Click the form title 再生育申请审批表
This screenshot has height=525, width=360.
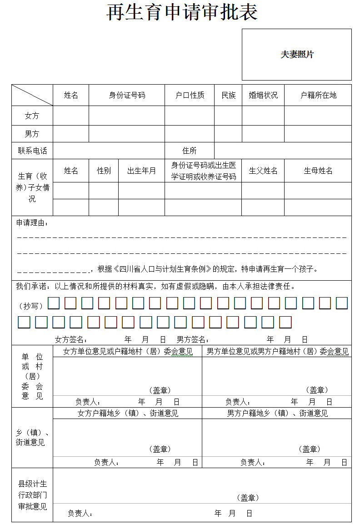(182, 12)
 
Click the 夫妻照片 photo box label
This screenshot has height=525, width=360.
(297, 55)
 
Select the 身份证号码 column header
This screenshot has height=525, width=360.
(127, 95)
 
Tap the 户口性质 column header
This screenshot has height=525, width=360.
(190, 95)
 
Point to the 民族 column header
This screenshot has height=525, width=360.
(228, 95)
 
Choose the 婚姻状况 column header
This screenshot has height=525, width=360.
(263, 95)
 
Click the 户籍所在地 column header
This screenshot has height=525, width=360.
(318, 95)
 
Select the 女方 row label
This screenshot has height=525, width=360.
(32, 116)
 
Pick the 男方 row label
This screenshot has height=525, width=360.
(32, 134)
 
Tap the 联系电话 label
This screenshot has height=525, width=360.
(32, 151)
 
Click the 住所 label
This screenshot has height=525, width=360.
(190, 151)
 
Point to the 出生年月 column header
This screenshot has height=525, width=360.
(141, 171)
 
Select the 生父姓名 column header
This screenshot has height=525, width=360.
(263, 171)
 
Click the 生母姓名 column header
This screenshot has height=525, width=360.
(318, 171)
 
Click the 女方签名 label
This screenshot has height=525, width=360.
(71, 339)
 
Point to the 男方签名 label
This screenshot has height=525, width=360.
(193, 339)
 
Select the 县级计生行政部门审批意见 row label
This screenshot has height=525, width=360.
(32, 495)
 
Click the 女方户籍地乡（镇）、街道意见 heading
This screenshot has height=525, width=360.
(128, 413)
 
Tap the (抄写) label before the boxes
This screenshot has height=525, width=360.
(31, 306)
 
